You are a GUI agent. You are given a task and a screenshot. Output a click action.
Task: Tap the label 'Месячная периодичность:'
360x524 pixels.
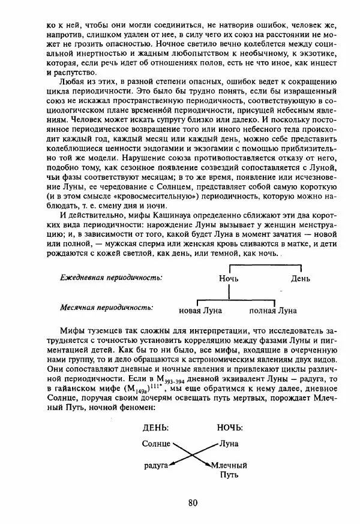point(106,307)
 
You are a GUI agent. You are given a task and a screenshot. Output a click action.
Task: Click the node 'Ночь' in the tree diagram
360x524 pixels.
point(229,279)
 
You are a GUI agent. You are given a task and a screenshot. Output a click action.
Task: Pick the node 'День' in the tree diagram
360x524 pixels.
point(301,279)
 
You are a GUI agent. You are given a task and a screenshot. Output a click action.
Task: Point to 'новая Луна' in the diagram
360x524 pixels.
point(200,311)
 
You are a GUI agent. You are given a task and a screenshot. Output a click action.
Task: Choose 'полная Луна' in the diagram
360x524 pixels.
point(273,311)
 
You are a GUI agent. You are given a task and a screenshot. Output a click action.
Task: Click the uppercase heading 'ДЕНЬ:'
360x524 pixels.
point(155,428)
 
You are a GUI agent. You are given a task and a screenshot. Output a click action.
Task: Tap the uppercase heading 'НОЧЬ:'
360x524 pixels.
point(229,428)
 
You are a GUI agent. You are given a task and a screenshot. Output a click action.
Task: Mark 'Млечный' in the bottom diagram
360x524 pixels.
point(229,465)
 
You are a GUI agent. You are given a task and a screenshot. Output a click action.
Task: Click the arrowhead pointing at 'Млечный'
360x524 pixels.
point(208,463)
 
